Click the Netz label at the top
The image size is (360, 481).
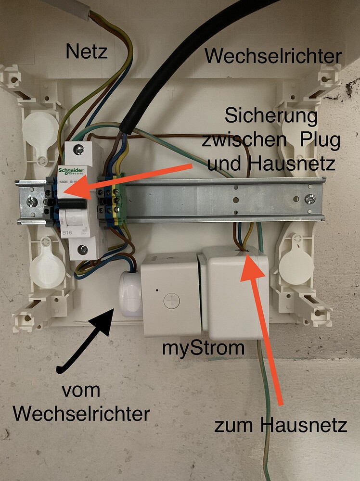click(87, 51)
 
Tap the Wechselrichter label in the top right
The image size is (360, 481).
click(273, 56)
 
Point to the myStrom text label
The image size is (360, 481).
click(203, 348)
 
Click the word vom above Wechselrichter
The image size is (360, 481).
click(80, 391)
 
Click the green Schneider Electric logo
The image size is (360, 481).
click(72, 172)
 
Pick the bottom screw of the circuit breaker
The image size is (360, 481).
click(83, 249)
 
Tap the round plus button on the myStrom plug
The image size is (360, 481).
click(171, 302)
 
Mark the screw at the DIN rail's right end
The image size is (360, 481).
click(310, 198)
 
